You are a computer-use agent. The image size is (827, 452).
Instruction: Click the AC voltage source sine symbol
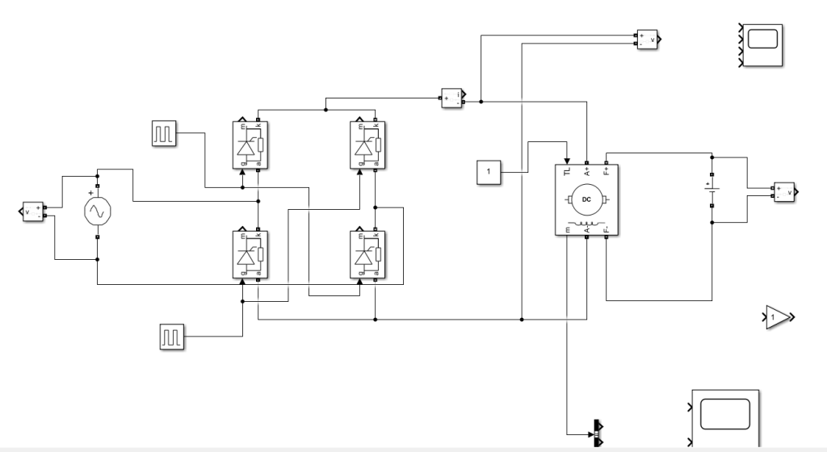[x=97, y=211]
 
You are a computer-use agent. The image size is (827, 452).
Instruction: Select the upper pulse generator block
[x=164, y=134]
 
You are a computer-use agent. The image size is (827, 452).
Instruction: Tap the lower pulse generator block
[x=170, y=337]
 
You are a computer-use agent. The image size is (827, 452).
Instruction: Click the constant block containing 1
[x=488, y=172]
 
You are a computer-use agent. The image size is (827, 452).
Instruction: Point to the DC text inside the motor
[x=587, y=199]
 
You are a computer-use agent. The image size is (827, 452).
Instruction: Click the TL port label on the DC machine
[x=567, y=170]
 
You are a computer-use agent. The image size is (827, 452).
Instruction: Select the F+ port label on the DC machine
[x=607, y=170]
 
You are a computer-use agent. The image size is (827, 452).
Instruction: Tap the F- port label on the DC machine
[x=607, y=229]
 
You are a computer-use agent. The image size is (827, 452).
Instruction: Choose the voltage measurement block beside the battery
[x=783, y=192]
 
